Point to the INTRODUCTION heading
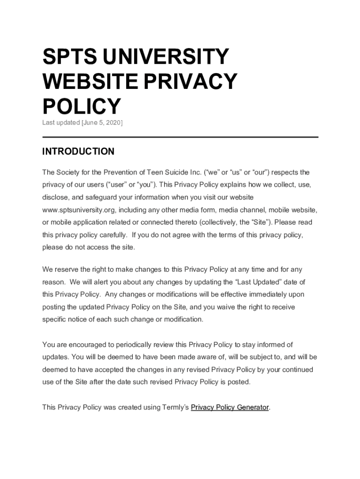78,152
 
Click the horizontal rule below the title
180,137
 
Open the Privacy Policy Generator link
230,407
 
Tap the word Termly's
175,407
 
